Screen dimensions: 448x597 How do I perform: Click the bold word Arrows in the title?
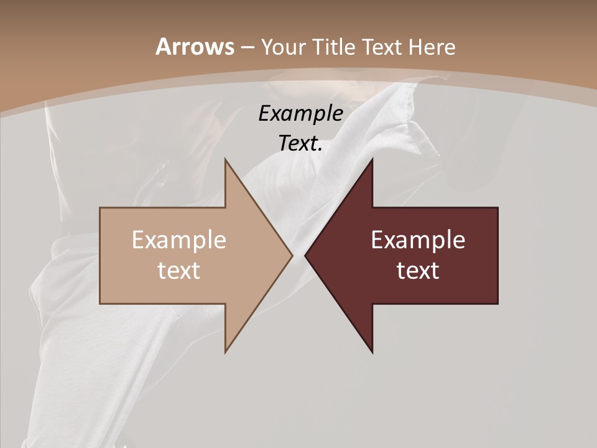tap(194, 47)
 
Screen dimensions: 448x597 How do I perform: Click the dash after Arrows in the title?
tap(247, 47)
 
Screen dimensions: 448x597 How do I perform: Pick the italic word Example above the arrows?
tap(300, 113)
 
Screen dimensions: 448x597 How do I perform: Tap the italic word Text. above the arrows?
tap(300, 144)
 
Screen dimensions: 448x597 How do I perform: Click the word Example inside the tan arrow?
tap(179, 240)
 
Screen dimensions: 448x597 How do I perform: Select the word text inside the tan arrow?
tap(179, 271)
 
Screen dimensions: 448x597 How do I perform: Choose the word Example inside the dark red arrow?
tap(418, 240)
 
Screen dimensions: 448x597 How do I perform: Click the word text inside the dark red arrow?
tap(418, 271)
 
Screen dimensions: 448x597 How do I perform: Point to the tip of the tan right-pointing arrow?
tap(292, 255)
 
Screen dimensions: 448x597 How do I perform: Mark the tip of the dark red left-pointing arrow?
tap(305, 255)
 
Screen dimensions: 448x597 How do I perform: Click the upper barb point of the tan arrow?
tap(225, 159)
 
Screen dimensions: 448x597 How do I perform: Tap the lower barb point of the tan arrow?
tap(225, 353)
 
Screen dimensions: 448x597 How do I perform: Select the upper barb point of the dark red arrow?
tap(373, 159)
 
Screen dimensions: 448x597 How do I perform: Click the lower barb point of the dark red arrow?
tap(373, 353)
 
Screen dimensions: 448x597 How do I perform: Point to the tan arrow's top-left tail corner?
tap(100, 208)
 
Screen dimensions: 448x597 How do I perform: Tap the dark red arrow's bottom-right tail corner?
tap(497, 304)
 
